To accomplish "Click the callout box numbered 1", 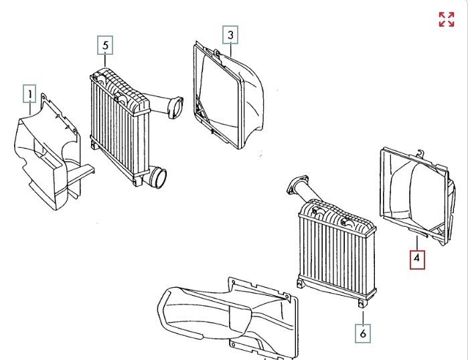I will [29, 93].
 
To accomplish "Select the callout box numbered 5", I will [105, 45].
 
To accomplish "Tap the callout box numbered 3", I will [230, 33].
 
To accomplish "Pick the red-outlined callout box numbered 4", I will [417, 258].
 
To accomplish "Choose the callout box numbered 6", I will [363, 333].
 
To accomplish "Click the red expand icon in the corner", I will [446, 19].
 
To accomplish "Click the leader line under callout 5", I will [105, 60].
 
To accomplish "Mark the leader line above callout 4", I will [417, 242].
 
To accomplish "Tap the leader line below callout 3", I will [230, 48].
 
